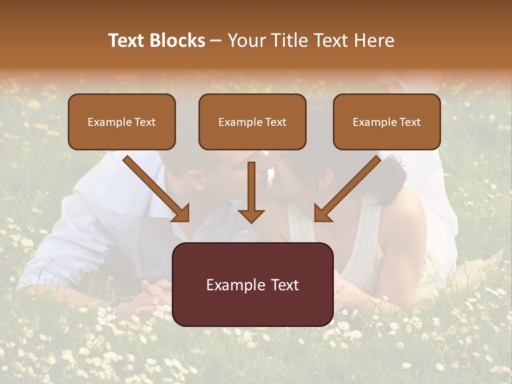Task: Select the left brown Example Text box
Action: (122, 122)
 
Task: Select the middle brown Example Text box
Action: (252, 122)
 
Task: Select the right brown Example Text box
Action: (387, 122)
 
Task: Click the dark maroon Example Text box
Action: (253, 284)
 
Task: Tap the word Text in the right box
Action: (410, 122)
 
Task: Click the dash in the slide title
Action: (216, 41)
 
